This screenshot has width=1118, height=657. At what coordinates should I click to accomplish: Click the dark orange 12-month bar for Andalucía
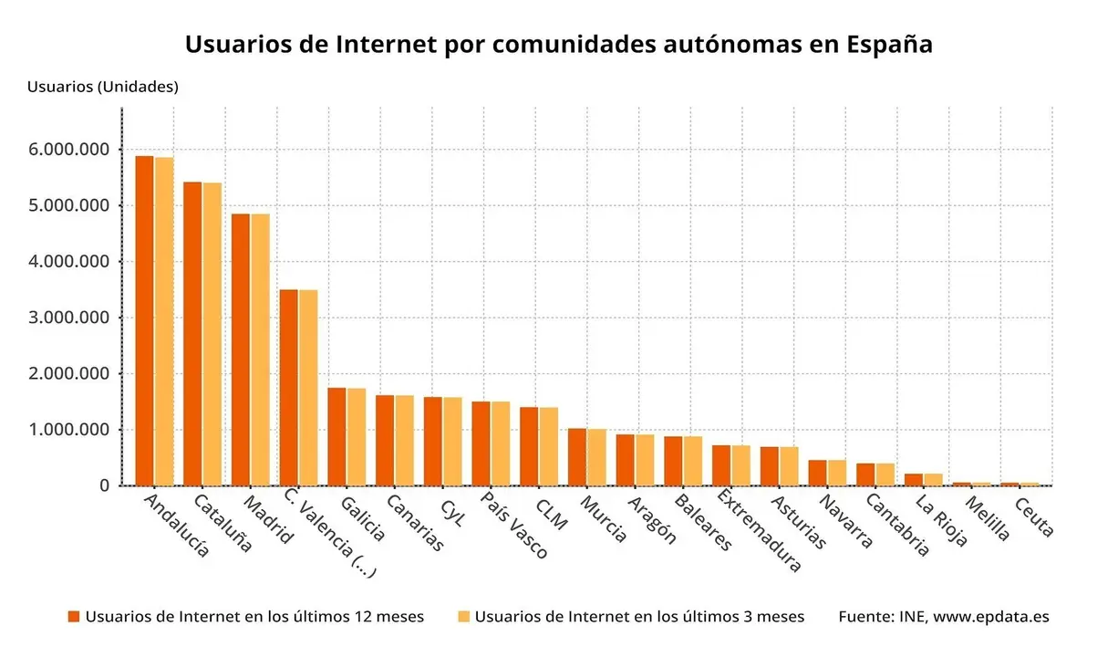point(144,320)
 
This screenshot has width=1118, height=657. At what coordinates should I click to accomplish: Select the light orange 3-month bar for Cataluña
point(212,334)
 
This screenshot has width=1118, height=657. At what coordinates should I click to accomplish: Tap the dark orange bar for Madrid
point(240,349)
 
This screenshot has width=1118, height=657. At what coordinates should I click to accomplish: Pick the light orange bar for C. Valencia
point(308,388)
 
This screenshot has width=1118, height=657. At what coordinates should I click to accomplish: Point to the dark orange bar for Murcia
point(576,456)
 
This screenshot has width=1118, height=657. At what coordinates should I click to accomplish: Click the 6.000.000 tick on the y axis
point(69,149)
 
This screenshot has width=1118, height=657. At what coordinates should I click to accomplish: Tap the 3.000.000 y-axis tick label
point(69,318)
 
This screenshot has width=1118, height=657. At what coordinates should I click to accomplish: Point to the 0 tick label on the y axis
point(105,485)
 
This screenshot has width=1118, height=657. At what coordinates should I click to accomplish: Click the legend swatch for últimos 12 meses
point(74,617)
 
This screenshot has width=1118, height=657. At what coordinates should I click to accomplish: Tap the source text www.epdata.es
point(991,617)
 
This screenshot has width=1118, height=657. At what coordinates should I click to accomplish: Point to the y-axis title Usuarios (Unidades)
point(102,87)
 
